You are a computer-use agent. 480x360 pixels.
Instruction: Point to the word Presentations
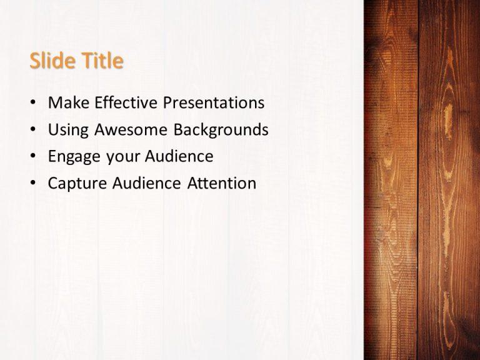(214, 102)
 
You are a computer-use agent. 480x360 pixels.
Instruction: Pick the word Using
(68, 129)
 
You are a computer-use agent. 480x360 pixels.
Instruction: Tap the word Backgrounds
(221, 129)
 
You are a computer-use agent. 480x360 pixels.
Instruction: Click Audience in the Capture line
(144, 183)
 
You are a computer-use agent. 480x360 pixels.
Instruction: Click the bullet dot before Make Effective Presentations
(32, 103)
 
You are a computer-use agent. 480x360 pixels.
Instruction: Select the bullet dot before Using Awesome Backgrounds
(32, 130)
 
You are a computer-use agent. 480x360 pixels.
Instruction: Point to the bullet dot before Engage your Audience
(32, 157)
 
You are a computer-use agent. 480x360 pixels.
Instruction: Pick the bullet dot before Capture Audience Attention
(32, 184)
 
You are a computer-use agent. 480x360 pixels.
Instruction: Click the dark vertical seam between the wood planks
(418, 187)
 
